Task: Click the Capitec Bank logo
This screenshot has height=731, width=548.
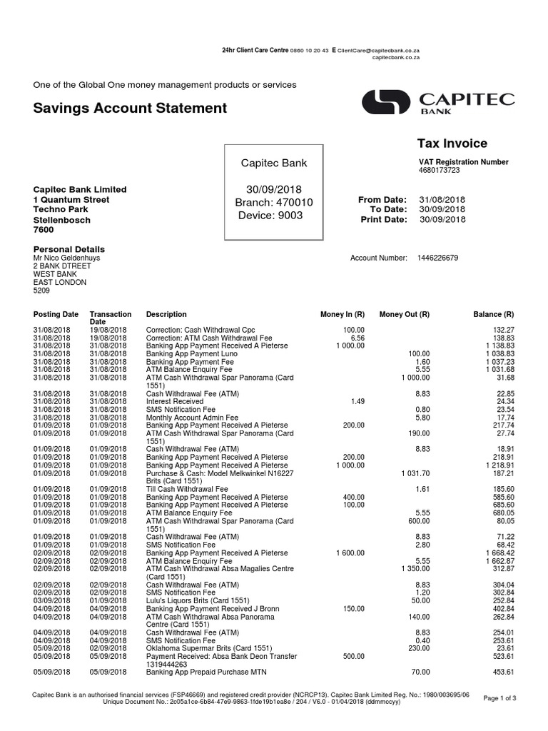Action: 437,102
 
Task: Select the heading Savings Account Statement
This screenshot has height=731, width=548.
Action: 130,108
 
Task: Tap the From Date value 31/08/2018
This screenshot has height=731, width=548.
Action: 441,199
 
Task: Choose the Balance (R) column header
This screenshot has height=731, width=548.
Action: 494,314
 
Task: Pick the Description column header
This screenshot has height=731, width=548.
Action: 166,314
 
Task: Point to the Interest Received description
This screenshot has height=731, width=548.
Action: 174,402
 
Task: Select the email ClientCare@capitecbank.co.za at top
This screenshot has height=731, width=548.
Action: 377,51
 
